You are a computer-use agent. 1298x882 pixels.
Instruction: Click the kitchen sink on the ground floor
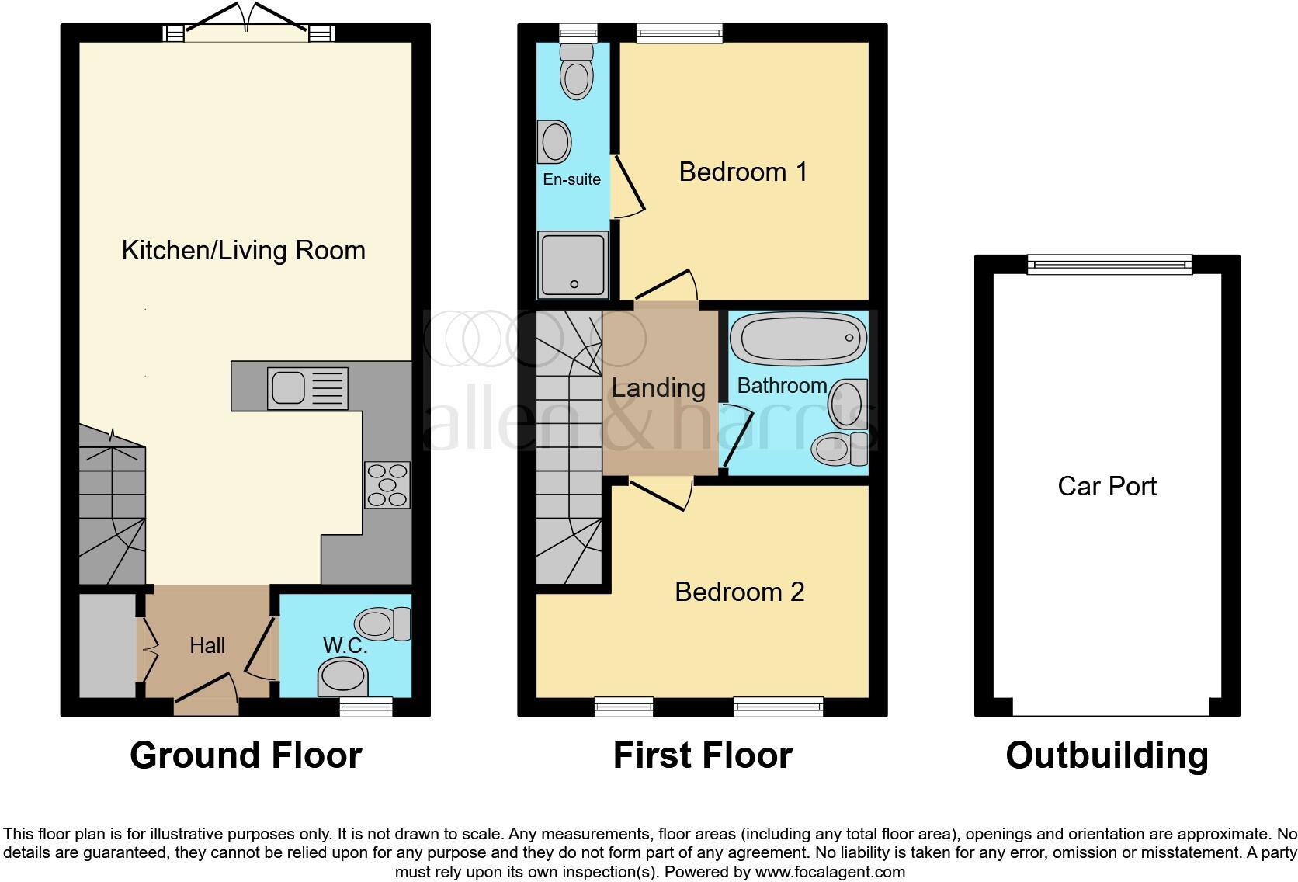click(x=307, y=387)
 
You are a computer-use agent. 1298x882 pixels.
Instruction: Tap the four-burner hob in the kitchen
click(x=387, y=484)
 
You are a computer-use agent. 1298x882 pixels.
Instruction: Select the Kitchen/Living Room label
click(x=243, y=250)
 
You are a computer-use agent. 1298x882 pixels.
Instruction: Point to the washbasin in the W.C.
click(x=343, y=677)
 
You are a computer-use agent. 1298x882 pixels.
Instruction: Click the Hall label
click(x=207, y=645)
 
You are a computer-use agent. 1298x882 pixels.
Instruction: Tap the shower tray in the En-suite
click(x=574, y=265)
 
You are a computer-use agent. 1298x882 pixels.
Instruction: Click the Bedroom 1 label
click(x=743, y=172)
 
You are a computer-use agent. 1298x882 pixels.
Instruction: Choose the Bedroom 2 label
click(x=739, y=592)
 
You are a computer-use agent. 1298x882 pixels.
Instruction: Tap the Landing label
click(x=658, y=387)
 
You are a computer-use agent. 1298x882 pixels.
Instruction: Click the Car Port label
click(x=1106, y=486)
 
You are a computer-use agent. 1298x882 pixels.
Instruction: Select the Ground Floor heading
click(x=245, y=755)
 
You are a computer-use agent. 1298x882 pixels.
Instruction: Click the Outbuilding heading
click(x=1106, y=755)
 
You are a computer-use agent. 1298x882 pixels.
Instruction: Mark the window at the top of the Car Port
click(x=1109, y=265)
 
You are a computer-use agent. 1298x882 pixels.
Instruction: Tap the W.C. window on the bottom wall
click(x=366, y=706)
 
